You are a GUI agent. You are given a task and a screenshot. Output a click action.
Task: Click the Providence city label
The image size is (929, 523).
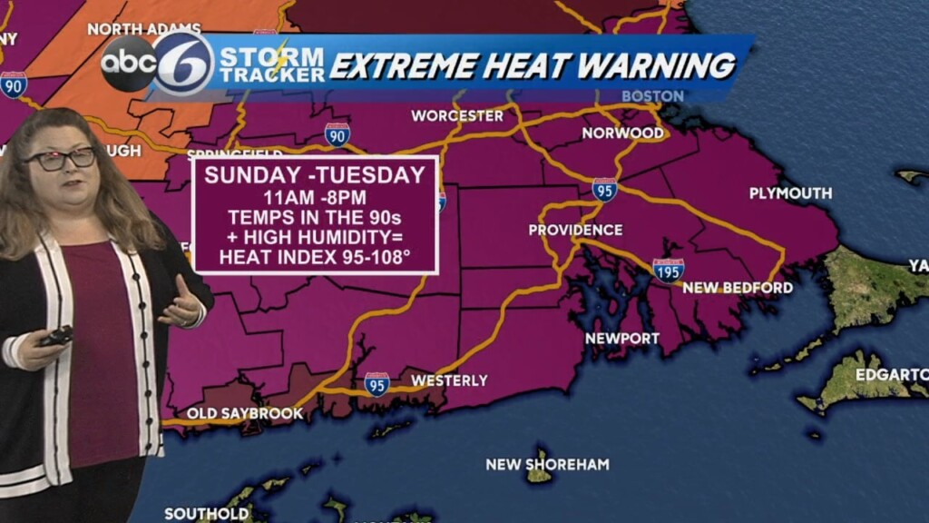tap(575, 230)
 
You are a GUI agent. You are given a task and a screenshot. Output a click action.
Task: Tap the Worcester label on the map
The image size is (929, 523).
tap(456, 115)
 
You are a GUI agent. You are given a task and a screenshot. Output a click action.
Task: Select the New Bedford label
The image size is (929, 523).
tap(737, 288)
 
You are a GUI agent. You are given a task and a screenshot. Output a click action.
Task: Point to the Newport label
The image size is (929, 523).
tap(621, 338)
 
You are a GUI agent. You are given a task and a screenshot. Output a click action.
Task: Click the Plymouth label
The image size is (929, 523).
tap(790, 192)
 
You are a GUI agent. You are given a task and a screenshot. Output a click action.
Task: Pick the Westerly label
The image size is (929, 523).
tap(449, 380)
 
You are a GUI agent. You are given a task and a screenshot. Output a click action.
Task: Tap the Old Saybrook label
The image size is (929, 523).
tap(245, 414)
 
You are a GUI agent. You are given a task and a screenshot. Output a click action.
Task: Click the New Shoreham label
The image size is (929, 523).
tap(547, 464)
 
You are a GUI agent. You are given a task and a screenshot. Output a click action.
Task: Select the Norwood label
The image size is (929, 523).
tap(622, 133)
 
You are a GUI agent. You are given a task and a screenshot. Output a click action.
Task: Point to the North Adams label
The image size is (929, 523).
tap(132, 29)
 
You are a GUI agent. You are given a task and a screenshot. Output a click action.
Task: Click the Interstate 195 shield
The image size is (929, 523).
tap(668, 270)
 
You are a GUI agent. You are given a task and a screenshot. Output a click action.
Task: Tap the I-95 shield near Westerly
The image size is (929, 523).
tap(377, 383)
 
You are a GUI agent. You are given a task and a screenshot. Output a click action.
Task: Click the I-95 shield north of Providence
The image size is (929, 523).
tap(605, 189)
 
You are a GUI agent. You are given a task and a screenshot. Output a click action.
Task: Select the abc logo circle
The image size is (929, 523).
tap(128, 64)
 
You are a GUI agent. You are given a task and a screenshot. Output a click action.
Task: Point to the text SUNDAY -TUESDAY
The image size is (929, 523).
tap(315, 175)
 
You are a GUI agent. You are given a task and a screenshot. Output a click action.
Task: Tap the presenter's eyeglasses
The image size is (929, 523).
tap(61, 159)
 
